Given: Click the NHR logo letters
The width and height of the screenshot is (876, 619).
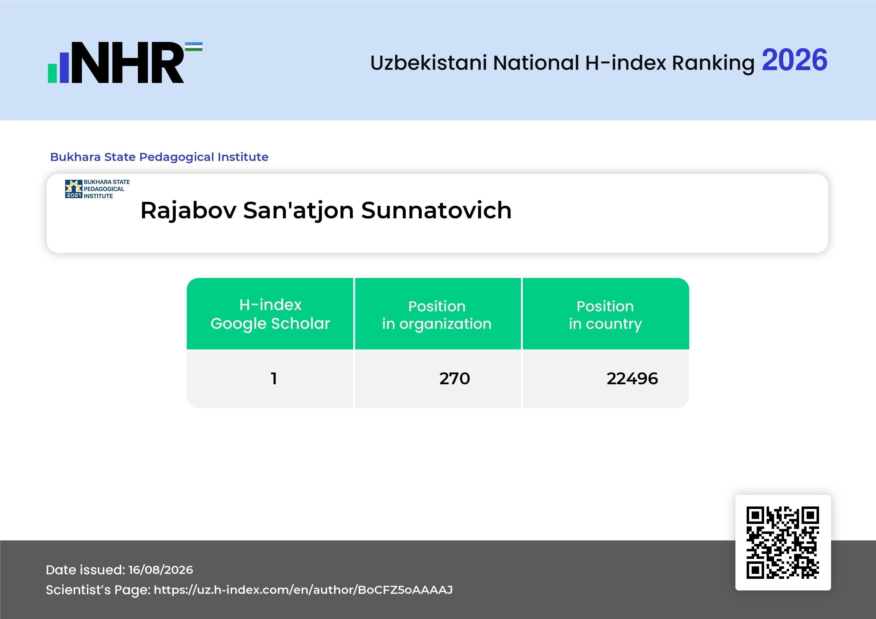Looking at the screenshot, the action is (x=128, y=63).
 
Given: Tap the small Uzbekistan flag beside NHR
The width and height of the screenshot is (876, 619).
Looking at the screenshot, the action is (x=194, y=46).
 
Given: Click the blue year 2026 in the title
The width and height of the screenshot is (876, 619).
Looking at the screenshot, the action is (x=794, y=60).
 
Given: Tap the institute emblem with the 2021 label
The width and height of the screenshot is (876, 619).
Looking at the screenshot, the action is (x=74, y=189).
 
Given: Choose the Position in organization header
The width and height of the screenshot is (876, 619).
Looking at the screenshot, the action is (x=437, y=315).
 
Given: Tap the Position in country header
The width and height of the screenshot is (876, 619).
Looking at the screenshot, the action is (x=605, y=315).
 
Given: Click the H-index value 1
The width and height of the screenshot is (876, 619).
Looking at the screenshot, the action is (x=273, y=378).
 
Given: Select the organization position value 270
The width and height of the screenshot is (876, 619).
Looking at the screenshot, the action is (x=454, y=378).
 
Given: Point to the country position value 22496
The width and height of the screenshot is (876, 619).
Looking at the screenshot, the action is (x=632, y=378).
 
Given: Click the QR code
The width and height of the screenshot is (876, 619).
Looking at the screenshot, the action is (x=783, y=543).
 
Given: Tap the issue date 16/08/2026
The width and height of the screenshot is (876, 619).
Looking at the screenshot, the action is (x=161, y=570).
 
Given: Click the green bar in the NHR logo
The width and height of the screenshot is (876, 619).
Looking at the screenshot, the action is (x=52, y=73).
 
